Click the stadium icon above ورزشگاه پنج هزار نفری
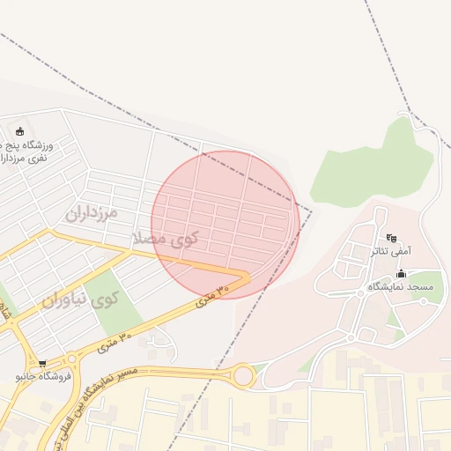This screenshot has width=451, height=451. tap(19, 131)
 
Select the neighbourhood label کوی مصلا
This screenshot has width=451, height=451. tap(165, 238)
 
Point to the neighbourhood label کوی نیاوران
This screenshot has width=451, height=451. tap(79, 299)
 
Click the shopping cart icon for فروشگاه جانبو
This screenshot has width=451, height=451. tap(41, 363)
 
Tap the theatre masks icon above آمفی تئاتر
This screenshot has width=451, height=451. tap(391, 238)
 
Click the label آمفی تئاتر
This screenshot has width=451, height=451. tap(390, 251)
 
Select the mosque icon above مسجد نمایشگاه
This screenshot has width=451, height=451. tap(401, 274)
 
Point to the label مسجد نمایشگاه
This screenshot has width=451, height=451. tap(401, 287)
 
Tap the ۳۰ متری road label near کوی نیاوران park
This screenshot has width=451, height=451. tap(113, 340)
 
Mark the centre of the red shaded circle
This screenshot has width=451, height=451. tap(225, 225)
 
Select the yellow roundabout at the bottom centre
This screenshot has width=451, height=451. tap(243, 377)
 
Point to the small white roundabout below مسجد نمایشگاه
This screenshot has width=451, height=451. tap(350, 337)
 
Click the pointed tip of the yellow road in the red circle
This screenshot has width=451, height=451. tap(250, 277)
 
